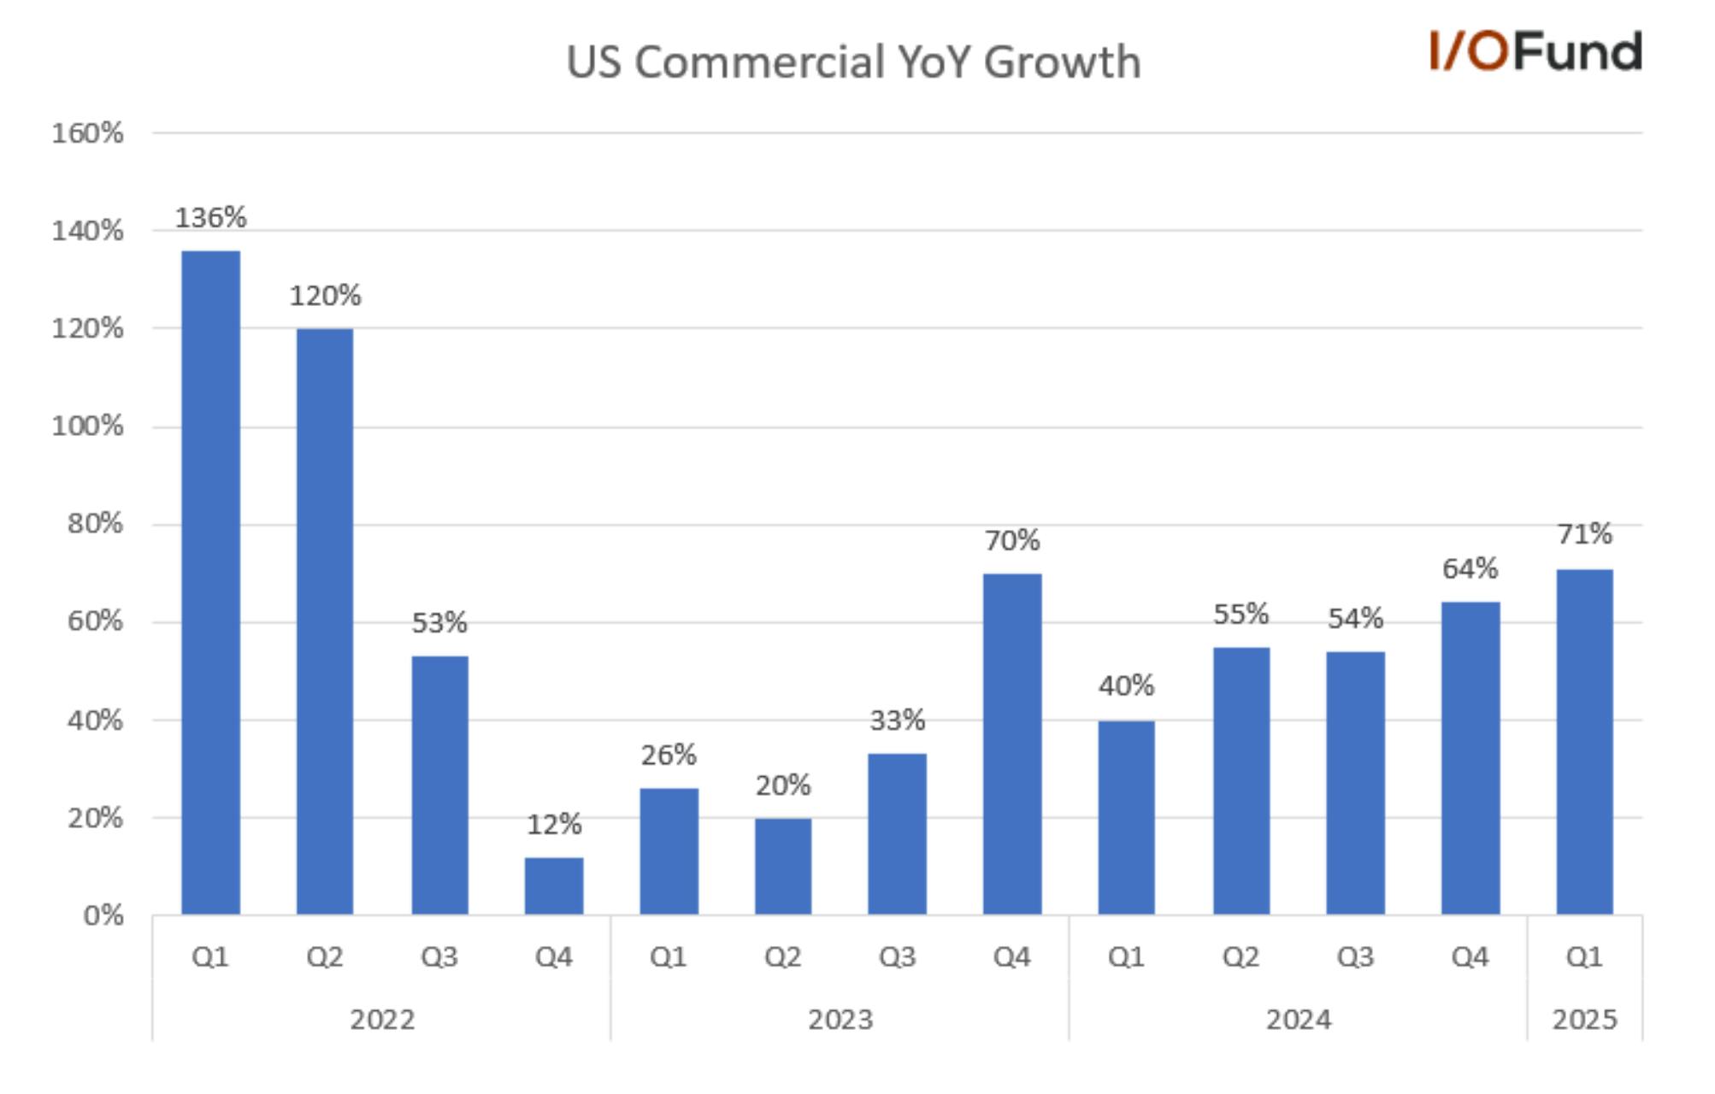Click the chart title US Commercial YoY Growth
(x=853, y=62)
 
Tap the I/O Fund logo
(x=1535, y=50)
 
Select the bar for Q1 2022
(x=210, y=583)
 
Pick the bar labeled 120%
(x=325, y=622)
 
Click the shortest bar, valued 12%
(x=554, y=886)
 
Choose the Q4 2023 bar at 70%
(x=1012, y=744)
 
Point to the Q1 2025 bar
(x=1585, y=742)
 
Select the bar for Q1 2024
(x=1127, y=818)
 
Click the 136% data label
(x=210, y=218)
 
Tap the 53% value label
(x=439, y=623)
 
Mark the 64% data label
(x=1470, y=568)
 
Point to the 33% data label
(x=898, y=721)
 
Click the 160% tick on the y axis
(x=87, y=133)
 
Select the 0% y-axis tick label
(x=103, y=916)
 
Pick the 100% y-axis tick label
(x=87, y=426)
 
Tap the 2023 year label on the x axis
(x=840, y=1020)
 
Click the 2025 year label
(x=1585, y=1020)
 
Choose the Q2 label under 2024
(x=1241, y=956)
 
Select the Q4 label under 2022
(x=554, y=956)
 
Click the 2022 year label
(x=382, y=1020)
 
